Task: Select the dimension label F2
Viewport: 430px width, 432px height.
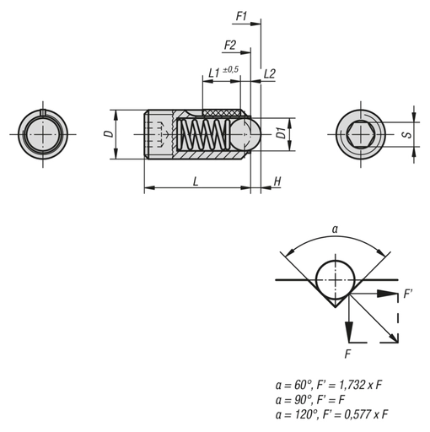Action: click(x=228, y=45)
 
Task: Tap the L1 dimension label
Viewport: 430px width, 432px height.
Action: click(x=213, y=74)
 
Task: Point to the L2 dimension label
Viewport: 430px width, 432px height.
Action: click(x=270, y=74)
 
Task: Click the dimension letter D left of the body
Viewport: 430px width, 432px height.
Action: click(x=106, y=134)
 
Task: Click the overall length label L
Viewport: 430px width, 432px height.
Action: click(x=196, y=181)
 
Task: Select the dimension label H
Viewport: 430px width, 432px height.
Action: click(x=277, y=181)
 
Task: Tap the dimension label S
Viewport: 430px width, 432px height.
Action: click(x=406, y=133)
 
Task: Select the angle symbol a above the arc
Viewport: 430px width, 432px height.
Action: click(x=335, y=228)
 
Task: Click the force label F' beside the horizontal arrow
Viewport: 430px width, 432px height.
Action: click(x=409, y=294)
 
